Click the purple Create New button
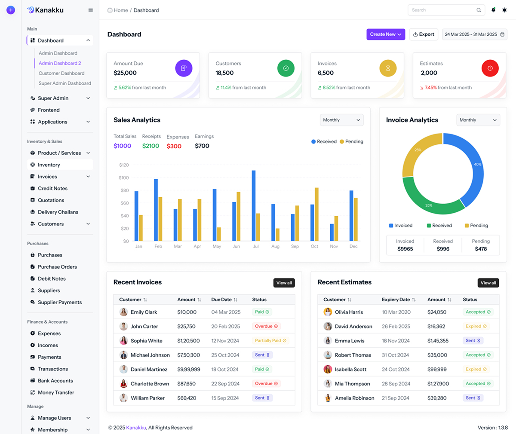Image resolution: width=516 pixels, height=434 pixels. [x=385, y=34]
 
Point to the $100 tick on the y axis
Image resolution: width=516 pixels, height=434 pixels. [x=124, y=177]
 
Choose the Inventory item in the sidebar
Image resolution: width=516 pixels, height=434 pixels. [x=49, y=165]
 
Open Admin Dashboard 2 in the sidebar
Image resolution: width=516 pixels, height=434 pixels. [x=60, y=63]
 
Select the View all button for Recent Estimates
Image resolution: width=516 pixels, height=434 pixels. [x=488, y=283]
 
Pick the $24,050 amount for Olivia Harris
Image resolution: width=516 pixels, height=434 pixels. [x=437, y=312]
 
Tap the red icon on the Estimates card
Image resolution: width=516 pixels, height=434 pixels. [x=490, y=68]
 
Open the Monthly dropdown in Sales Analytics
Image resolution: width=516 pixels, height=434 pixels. [x=341, y=120]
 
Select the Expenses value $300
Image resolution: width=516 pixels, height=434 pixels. [x=174, y=146]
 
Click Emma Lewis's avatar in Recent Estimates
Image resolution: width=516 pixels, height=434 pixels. [x=328, y=341]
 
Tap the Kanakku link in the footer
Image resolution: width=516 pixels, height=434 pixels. [x=136, y=428]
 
